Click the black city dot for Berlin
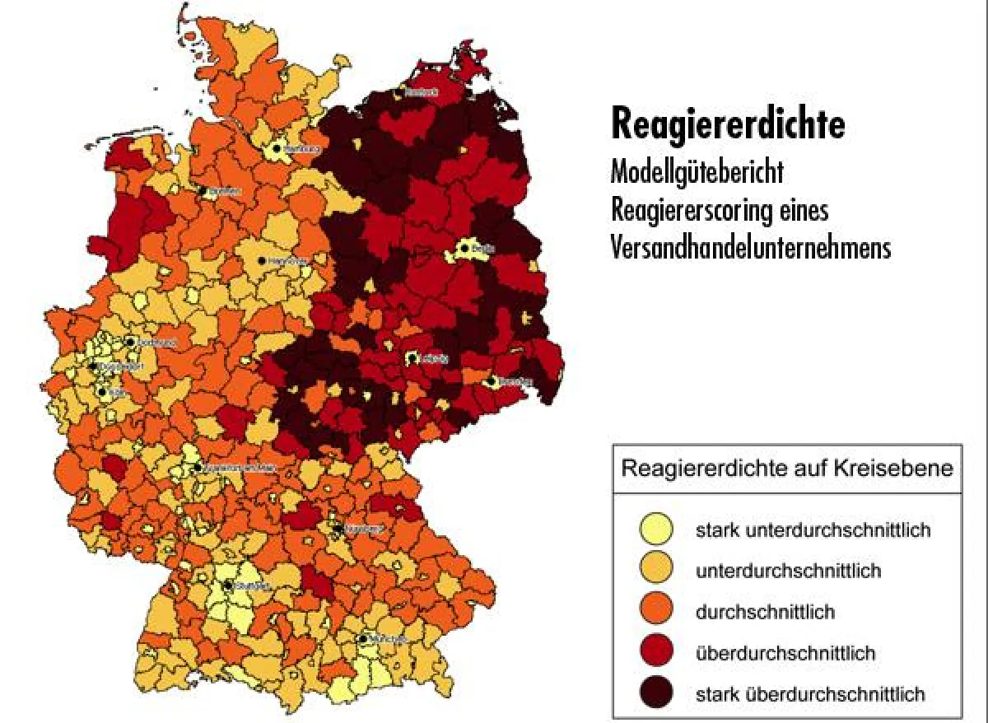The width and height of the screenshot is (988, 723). click(464, 248)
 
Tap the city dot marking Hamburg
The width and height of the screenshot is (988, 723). click(276, 150)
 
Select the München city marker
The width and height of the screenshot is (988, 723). click(362, 638)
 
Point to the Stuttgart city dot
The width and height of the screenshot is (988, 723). click(228, 586)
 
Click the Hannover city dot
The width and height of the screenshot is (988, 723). click(262, 260)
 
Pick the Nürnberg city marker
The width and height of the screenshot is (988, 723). click(337, 529)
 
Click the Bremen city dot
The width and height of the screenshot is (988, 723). click(201, 190)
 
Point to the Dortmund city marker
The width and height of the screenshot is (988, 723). click(130, 342)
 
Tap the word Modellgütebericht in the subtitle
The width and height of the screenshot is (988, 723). click(697, 173)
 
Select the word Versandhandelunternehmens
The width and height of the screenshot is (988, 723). click(751, 248)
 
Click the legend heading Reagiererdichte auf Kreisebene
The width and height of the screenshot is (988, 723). click(786, 469)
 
